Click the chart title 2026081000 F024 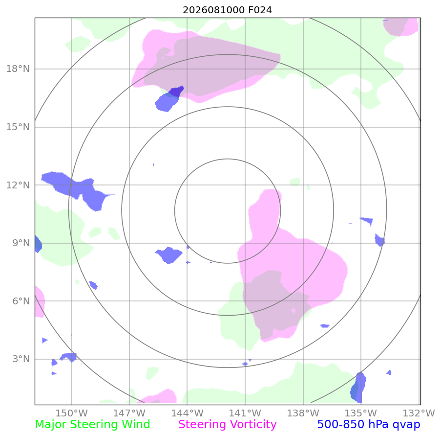(x=227, y=10)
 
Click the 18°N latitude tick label (x=18, y=69)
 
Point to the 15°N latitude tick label (x=18, y=127)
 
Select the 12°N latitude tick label (x=18, y=185)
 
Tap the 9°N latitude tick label (x=21, y=243)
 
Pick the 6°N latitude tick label (x=21, y=301)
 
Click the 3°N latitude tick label (x=21, y=359)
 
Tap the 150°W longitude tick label (x=71, y=413)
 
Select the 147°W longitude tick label (x=129, y=413)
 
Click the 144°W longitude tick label (x=187, y=413)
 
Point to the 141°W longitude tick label (x=245, y=413)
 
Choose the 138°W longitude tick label (x=303, y=413)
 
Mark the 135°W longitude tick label (x=361, y=413)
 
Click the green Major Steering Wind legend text (x=92, y=424)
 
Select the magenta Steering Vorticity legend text (x=227, y=424)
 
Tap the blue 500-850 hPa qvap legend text (x=368, y=424)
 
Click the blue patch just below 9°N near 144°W (x=169, y=255)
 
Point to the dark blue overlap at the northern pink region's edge (x=176, y=92)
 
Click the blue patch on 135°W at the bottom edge (x=358, y=387)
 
